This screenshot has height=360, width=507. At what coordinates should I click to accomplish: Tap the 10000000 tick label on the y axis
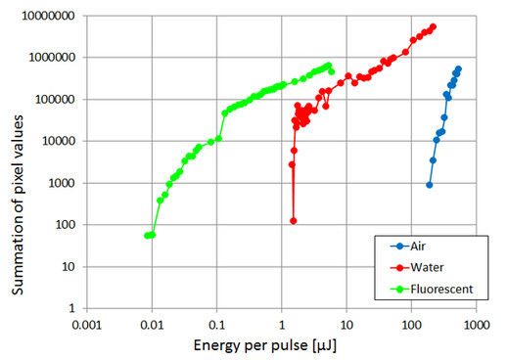coord(52,16)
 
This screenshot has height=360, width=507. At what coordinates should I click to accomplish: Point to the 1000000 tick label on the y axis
coord(55,58)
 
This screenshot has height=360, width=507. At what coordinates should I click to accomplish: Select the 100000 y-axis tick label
coord(58,100)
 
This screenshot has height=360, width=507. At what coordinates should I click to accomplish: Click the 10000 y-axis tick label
coord(61,141)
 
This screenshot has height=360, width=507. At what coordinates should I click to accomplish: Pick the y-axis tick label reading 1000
coord(64,183)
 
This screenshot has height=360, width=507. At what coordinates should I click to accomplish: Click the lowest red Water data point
coord(293,221)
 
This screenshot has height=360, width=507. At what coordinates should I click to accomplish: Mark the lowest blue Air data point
coord(429,185)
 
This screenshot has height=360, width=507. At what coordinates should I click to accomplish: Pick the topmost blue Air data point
coord(458,69)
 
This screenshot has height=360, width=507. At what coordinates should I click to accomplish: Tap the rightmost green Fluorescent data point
coord(331,71)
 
